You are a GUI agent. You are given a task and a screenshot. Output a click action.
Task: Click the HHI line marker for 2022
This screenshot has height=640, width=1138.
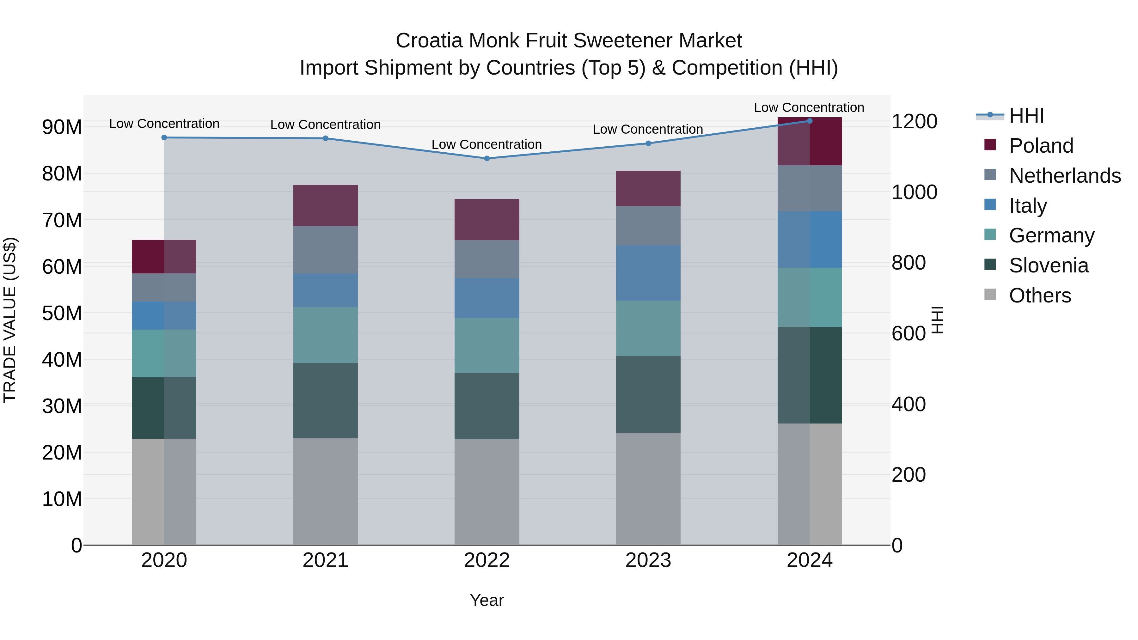(487, 158)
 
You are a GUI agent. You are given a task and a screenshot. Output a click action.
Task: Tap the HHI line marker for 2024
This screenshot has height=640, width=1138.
(809, 121)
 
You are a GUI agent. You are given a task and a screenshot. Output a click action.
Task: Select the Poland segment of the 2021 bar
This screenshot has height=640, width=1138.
(325, 205)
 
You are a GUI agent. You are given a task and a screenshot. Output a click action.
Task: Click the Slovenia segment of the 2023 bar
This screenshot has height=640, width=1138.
(648, 394)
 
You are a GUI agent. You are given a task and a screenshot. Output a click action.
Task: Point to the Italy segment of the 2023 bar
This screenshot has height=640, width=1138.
(648, 273)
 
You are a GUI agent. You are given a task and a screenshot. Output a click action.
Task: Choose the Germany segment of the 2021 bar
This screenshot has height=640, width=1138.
(325, 335)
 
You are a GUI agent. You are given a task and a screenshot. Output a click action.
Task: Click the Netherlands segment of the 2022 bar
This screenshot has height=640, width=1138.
(487, 259)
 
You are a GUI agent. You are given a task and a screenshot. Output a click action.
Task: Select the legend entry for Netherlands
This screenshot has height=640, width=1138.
(1065, 175)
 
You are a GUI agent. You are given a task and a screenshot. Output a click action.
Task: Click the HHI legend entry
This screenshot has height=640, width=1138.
(1026, 116)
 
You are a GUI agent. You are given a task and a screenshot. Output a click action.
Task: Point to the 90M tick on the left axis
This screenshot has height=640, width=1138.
(62, 127)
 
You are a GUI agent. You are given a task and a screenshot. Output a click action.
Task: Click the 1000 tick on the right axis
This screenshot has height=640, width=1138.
(914, 192)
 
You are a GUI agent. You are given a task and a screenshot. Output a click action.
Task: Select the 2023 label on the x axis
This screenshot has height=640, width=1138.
(648, 560)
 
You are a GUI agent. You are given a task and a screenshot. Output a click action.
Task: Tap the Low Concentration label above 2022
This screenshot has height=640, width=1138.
(486, 144)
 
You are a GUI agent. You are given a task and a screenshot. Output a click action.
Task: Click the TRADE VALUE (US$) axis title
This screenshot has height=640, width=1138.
(10, 320)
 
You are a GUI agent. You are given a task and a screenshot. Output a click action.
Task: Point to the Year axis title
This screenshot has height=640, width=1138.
(486, 600)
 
